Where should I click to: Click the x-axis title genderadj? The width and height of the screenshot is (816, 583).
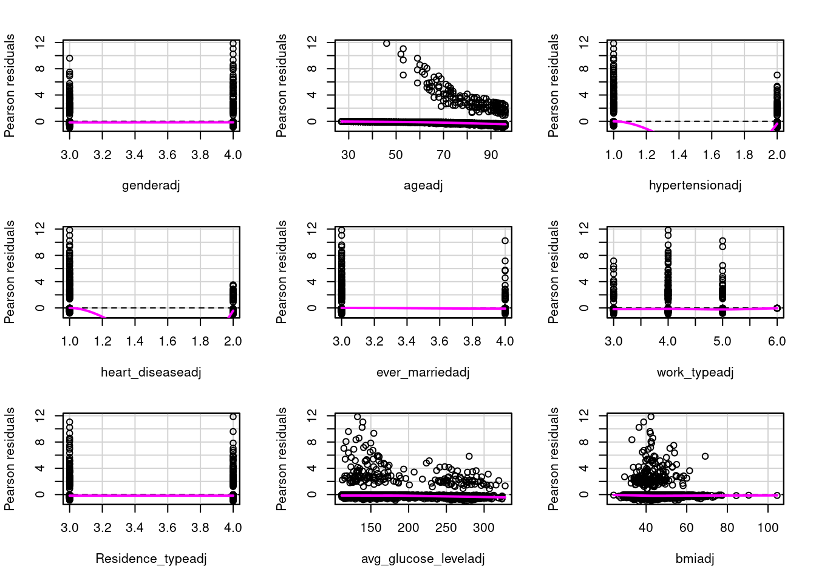click(x=151, y=185)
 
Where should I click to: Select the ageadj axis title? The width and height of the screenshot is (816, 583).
click(x=423, y=185)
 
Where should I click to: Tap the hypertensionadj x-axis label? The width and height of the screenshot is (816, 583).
click(x=695, y=185)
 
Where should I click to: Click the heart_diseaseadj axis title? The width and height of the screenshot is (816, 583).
click(x=151, y=372)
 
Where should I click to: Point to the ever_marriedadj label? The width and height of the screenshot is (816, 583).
click(x=423, y=372)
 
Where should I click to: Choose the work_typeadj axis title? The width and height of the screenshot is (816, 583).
click(x=695, y=372)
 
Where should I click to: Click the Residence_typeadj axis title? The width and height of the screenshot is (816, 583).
click(x=151, y=558)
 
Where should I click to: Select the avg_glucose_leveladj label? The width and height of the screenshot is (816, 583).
click(x=423, y=558)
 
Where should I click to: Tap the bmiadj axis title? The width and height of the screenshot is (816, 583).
click(x=695, y=558)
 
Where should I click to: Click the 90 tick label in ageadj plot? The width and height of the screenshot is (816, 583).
click(x=491, y=155)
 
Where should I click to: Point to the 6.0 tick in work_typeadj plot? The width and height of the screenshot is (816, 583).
click(x=777, y=341)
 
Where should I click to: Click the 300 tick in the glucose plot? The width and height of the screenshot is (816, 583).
click(x=484, y=528)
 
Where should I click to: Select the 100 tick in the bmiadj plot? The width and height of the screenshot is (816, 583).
click(x=768, y=528)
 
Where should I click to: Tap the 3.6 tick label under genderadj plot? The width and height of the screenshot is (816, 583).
click(x=168, y=155)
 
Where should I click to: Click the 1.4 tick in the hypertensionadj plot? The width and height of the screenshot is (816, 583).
click(x=679, y=155)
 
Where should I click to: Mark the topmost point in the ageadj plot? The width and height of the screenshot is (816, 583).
click(x=387, y=44)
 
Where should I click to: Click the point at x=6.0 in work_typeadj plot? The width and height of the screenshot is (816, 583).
click(x=777, y=308)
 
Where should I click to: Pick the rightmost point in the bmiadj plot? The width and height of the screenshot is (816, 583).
click(x=777, y=495)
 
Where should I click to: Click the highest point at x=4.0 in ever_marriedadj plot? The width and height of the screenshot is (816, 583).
click(x=505, y=241)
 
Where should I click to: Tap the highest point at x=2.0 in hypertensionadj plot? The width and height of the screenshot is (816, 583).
click(x=777, y=75)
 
